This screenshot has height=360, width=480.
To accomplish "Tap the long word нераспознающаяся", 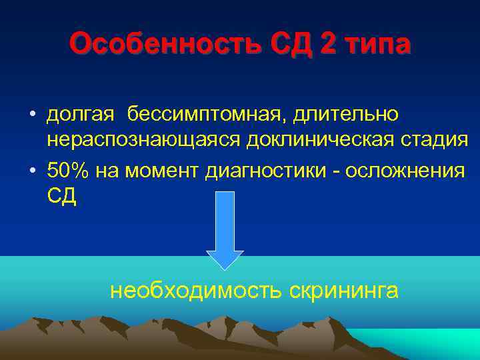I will (x=144, y=141).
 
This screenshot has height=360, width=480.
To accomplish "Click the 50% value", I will (x=69, y=171).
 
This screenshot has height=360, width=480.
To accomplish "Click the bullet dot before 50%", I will (x=32, y=171).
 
